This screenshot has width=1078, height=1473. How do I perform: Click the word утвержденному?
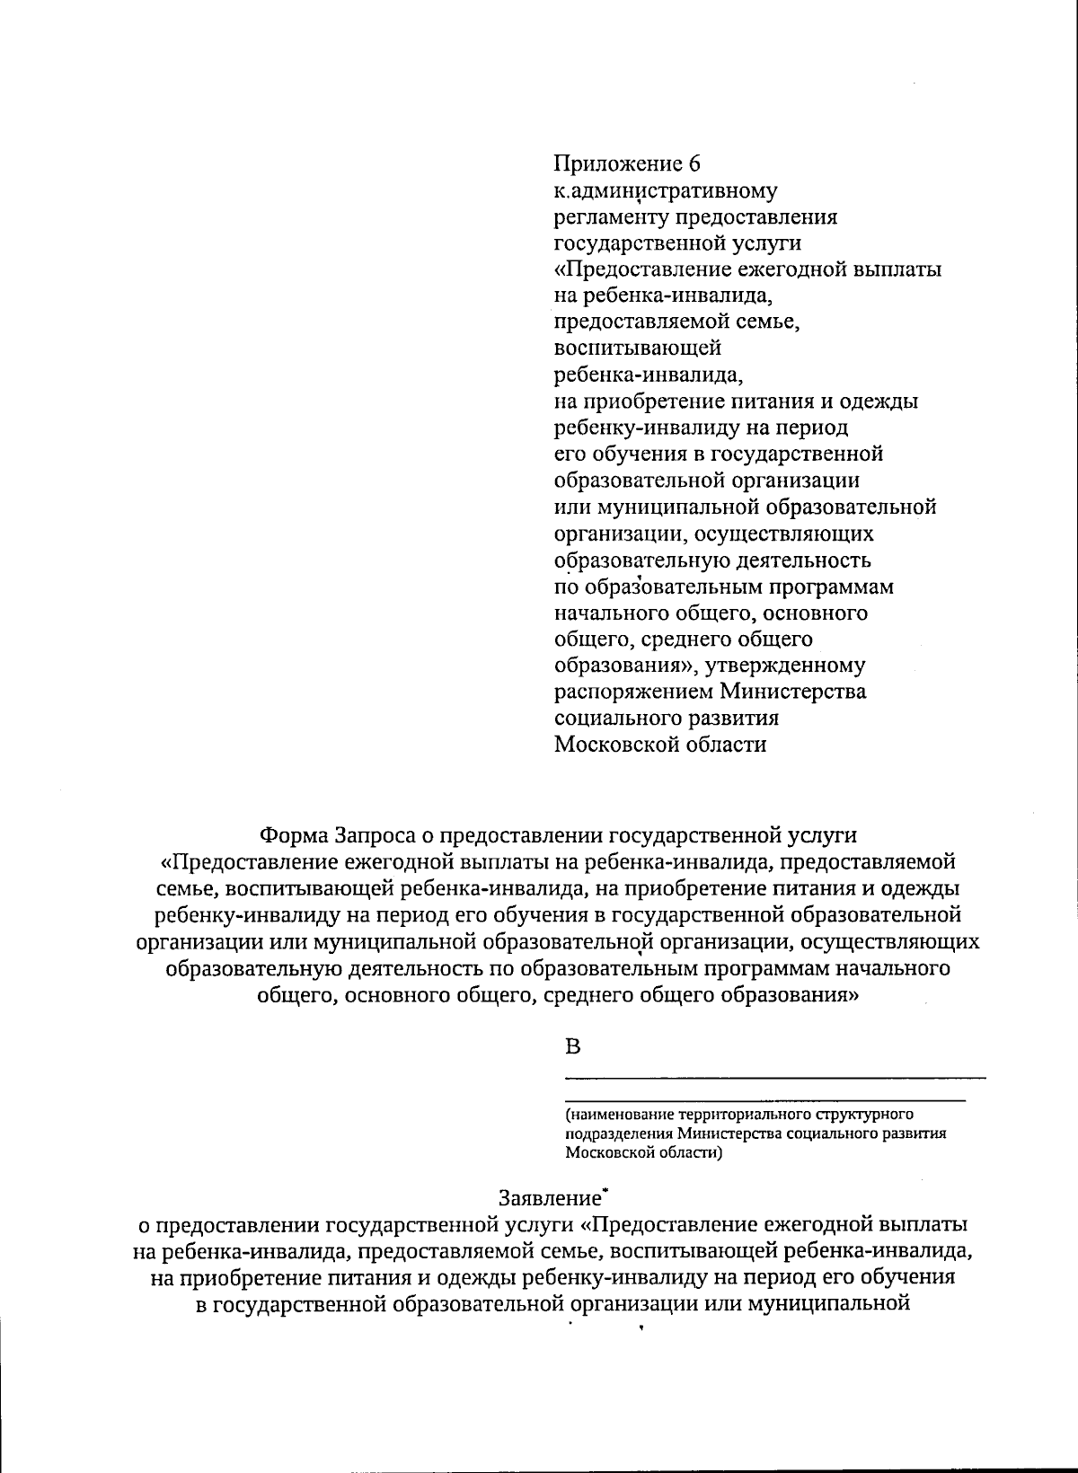[791, 666]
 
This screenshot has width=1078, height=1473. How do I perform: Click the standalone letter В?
[572, 1046]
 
